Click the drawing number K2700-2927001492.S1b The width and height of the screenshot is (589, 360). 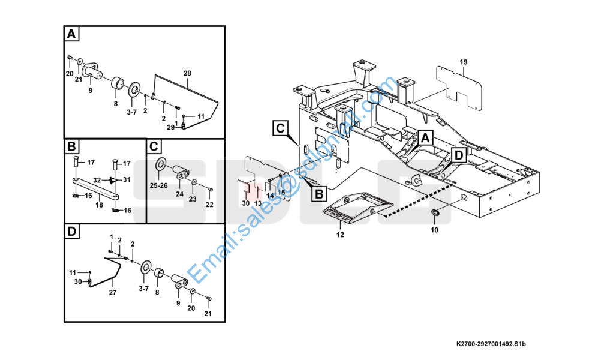coord(491,344)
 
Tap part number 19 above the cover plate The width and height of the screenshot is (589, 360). coord(463,62)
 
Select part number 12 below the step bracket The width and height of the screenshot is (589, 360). coord(340,235)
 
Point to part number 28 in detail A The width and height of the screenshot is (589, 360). coord(187,73)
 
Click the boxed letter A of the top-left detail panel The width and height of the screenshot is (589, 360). coord(71,34)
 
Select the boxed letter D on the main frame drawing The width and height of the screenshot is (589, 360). coord(459,155)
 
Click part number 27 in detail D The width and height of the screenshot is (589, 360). coord(113,292)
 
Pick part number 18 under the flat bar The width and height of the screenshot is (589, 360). coord(99,205)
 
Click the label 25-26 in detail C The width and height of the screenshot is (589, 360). coord(159,186)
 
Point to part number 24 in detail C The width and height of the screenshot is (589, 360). coord(179,194)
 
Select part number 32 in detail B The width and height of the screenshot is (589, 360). coord(97,180)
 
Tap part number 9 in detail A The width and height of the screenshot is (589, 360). coord(90,91)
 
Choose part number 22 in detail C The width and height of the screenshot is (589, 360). coord(209,205)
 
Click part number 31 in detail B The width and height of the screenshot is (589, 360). coord(126,180)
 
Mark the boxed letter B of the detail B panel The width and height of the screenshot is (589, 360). coord(71,147)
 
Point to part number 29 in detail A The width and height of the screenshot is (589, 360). coord(171,127)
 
